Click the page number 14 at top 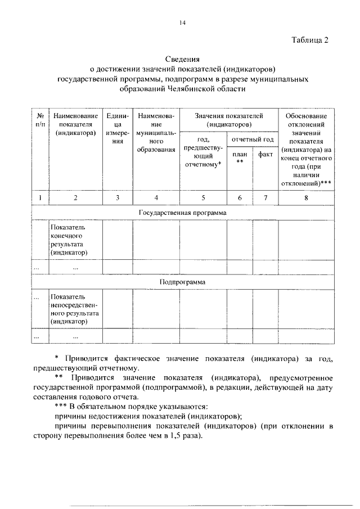(x=182, y=23)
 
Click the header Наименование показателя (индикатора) (x=75, y=124)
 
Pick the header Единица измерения (x=117, y=128)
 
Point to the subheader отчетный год (x=253, y=139)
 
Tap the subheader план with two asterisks (x=240, y=158)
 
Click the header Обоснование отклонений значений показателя (x=306, y=149)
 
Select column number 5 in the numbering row (x=203, y=197)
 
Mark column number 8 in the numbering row (x=306, y=197)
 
